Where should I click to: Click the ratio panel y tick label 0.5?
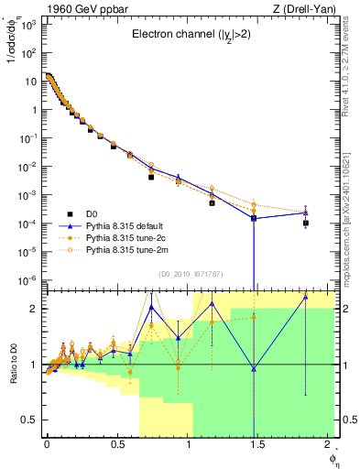[30, 420]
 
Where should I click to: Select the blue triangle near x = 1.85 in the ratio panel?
[306, 297]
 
